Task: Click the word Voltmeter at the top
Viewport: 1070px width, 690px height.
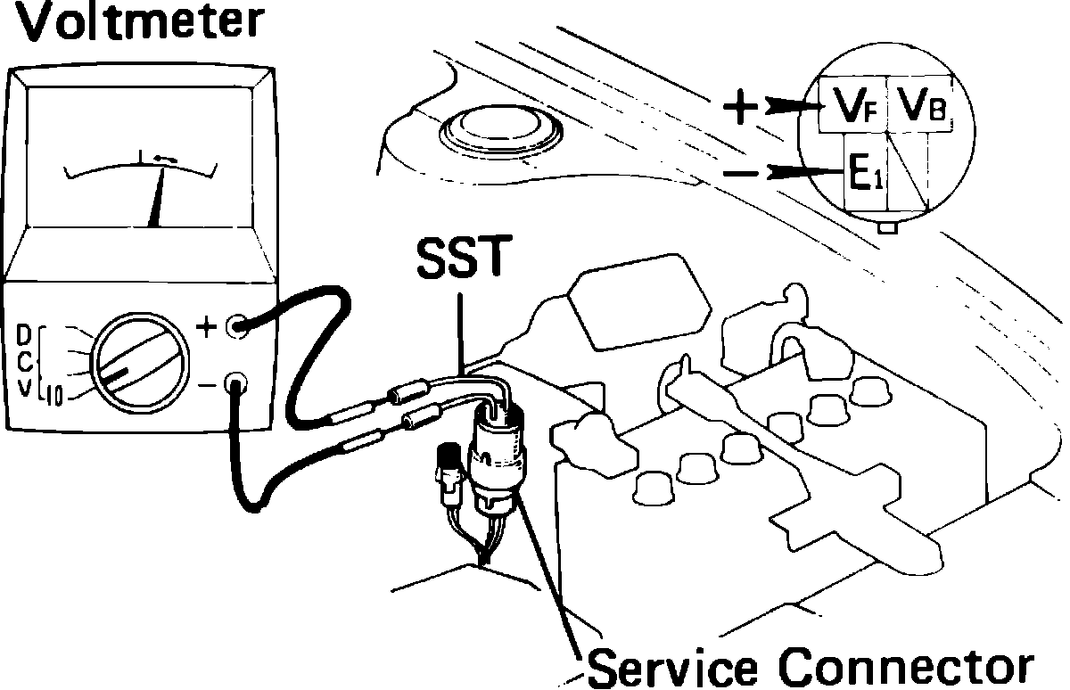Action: [133, 24]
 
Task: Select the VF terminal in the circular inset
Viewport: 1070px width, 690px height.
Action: [853, 107]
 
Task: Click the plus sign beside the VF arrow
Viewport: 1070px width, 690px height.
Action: [739, 109]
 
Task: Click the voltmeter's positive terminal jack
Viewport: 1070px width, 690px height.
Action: [236, 326]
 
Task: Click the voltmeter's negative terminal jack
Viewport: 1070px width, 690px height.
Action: [236, 386]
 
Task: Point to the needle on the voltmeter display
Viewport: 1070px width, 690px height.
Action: [160, 198]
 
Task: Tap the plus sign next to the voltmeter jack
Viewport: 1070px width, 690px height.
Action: [206, 327]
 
